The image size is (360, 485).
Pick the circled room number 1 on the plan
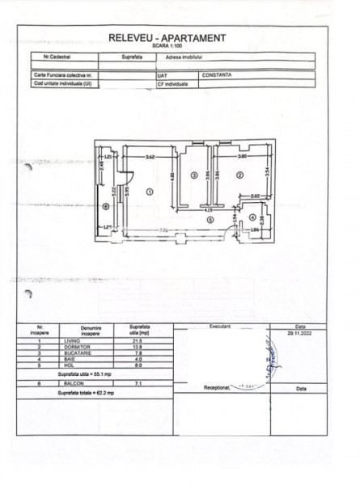(149, 192)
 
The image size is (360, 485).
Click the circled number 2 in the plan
(239, 174)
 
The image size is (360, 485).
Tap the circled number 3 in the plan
(194, 174)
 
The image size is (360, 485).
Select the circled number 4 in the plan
(252, 217)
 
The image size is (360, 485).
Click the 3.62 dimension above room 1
(150, 156)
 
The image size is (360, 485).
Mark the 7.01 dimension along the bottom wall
(162, 230)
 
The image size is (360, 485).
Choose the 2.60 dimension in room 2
(253, 196)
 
